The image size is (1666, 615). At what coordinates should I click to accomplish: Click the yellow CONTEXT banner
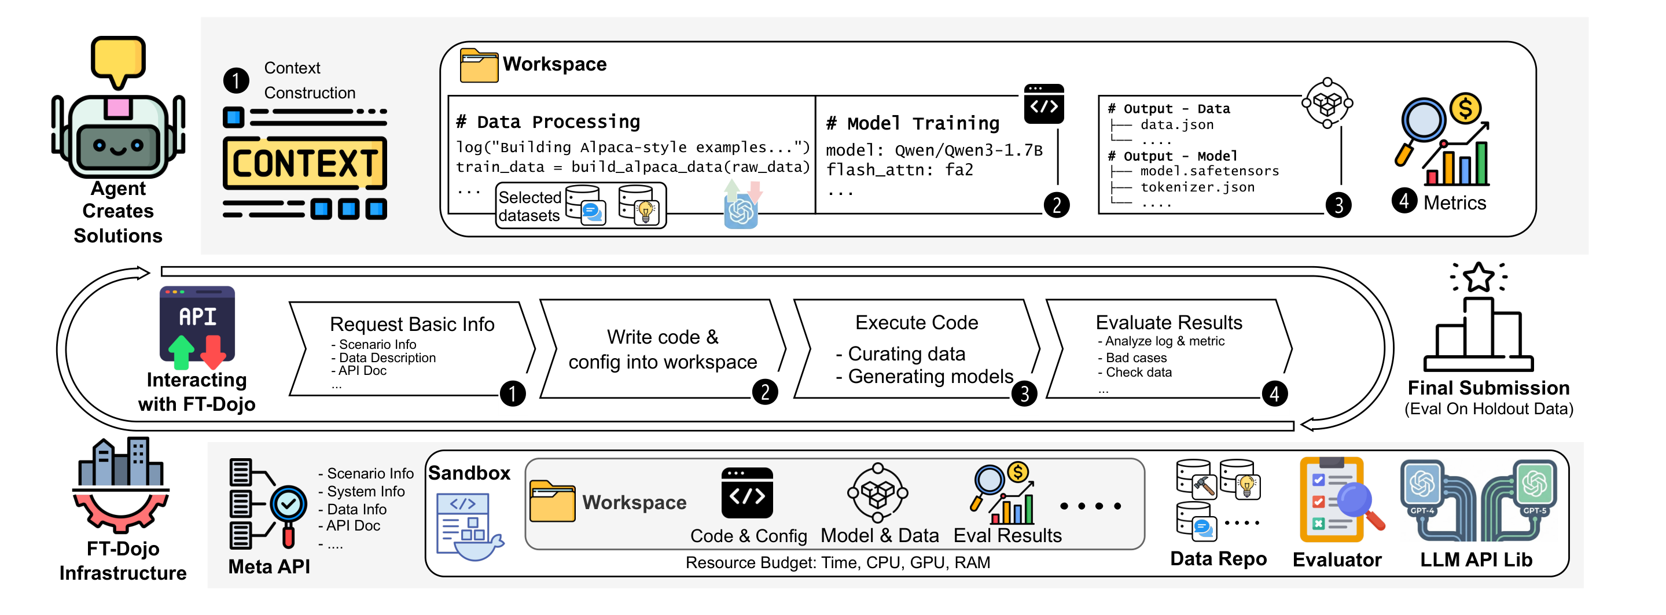304,163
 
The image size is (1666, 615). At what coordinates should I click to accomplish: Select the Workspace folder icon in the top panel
479,65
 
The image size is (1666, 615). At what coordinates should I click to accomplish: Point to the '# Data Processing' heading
548,121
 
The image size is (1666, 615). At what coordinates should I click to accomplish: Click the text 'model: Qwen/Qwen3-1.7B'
934,150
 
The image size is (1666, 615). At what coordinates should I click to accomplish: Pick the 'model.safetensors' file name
1209,171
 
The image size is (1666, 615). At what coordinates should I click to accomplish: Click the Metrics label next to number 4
1455,203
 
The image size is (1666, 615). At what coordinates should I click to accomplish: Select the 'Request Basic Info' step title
412,324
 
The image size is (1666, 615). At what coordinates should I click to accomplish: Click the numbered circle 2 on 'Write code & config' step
765,392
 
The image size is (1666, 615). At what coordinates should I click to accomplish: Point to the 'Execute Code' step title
917,322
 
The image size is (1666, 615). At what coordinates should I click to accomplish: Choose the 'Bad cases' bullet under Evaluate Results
1136,358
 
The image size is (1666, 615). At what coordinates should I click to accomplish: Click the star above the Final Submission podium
1479,278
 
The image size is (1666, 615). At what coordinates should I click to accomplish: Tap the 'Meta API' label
269,566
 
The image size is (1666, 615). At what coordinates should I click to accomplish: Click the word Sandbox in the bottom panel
469,473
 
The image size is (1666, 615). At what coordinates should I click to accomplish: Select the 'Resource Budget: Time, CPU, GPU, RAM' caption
837,562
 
